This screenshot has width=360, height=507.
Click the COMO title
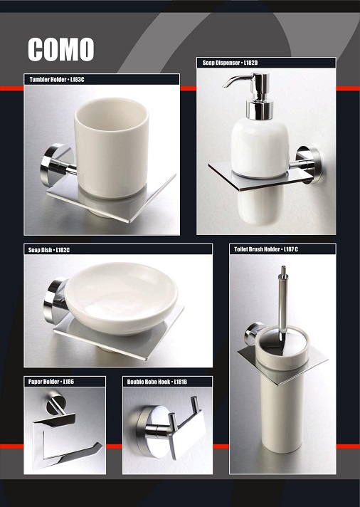[60, 49]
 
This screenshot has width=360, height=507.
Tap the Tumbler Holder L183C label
[57, 80]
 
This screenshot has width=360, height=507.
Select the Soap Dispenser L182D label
[230, 63]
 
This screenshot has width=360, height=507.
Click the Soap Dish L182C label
[49, 250]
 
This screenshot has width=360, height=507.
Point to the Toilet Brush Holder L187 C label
[266, 249]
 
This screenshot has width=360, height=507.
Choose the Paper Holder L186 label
[51, 382]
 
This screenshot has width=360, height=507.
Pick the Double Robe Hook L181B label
[157, 382]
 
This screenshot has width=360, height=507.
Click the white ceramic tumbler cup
[112, 147]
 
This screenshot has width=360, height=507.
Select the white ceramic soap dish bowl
[121, 298]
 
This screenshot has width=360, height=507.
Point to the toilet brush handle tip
[283, 268]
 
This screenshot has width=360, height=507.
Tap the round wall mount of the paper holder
[55, 404]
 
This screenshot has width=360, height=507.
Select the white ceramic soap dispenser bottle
[260, 147]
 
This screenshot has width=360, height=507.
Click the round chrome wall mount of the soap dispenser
[309, 164]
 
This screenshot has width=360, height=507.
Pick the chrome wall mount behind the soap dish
[54, 300]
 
